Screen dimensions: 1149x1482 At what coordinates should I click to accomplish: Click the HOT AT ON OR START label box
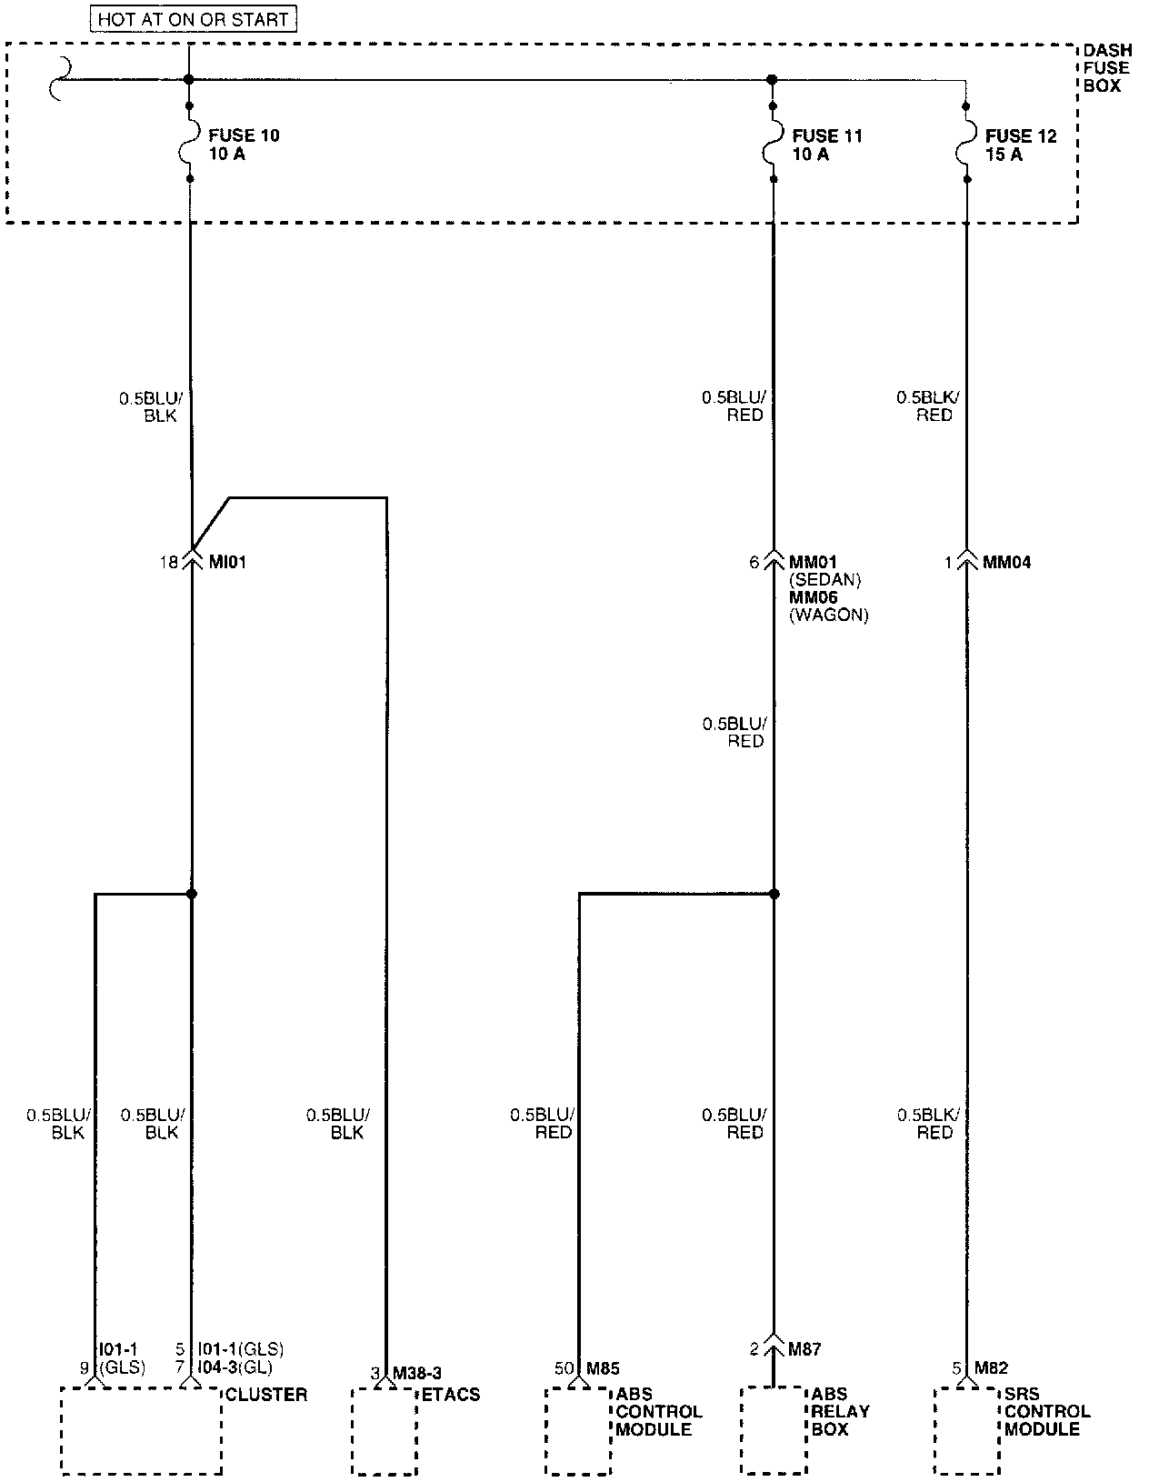pos(193,18)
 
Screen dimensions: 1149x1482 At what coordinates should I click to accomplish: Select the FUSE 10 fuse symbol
pos(190,143)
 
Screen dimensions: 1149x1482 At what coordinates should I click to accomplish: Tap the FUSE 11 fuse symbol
pos(773,143)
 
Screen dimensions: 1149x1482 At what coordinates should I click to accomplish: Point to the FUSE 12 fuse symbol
pos(966,143)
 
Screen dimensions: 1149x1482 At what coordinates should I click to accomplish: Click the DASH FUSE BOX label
pos(1106,68)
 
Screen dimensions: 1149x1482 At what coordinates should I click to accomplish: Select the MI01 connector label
pos(227,563)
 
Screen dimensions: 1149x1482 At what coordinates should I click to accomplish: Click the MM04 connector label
pos(1007,563)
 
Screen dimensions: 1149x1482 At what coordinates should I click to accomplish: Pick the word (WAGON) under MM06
pos(828,616)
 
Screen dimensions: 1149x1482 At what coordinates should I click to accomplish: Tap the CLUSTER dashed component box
pos(141,1430)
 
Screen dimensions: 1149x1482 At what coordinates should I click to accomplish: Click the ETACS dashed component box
pos(383,1430)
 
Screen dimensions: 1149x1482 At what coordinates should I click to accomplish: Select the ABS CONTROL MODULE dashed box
pos(577,1430)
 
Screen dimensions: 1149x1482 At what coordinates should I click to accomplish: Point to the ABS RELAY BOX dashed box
pos(773,1430)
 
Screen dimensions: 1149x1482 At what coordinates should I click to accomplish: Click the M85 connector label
pos(603,1368)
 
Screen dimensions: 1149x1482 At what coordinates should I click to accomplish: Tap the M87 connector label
pos(804,1349)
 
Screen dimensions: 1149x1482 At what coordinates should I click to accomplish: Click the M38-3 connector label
pos(417,1372)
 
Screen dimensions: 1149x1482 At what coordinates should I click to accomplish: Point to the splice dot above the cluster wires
pos(191,894)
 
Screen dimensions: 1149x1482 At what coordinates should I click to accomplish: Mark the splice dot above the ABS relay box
pos(774,894)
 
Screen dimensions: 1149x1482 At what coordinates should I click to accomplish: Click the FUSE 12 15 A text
pos(1021,145)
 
